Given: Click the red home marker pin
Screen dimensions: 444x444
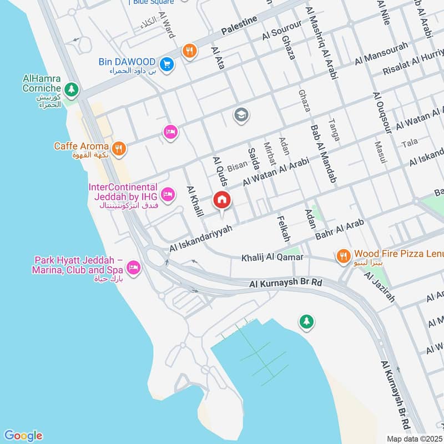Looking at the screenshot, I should click(x=222, y=199).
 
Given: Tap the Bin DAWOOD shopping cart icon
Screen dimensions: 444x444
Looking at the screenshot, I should click(x=167, y=64).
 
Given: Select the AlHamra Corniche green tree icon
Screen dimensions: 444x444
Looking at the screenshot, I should click(x=70, y=89).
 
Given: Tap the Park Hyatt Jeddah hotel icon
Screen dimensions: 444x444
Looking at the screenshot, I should click(x=133, y=269).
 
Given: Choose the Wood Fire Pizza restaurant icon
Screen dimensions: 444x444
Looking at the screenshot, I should click(x=344, y=256).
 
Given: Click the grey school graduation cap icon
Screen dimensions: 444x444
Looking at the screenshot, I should click(x=241, y=115).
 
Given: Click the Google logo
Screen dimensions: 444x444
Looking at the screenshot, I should click(x=23, y=436).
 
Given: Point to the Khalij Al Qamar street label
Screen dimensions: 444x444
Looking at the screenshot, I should click(x=272, y=258).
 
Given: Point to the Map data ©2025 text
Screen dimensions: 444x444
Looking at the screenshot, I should click(x=413, y=438).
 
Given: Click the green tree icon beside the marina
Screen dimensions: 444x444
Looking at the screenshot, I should click(x=306, y=321).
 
